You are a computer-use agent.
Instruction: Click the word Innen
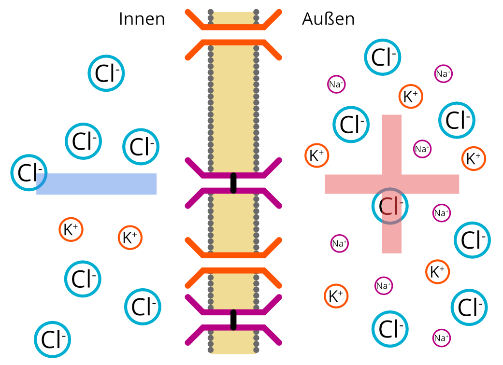142,19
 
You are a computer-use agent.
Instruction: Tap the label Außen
328,19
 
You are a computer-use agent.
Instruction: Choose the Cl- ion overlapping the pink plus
390,206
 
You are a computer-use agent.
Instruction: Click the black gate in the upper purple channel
234,182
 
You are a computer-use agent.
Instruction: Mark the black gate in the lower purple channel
234,320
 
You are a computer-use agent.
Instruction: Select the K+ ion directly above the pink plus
411,97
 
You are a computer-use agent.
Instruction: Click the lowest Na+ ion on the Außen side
441,338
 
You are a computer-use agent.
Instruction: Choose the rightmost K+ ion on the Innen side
130,238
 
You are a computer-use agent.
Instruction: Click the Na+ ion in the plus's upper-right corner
422,149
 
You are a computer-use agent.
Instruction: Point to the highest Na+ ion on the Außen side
443,74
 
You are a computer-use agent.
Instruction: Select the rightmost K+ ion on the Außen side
474,158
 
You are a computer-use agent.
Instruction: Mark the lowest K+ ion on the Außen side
336,295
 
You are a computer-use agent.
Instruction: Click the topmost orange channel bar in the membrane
233,27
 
